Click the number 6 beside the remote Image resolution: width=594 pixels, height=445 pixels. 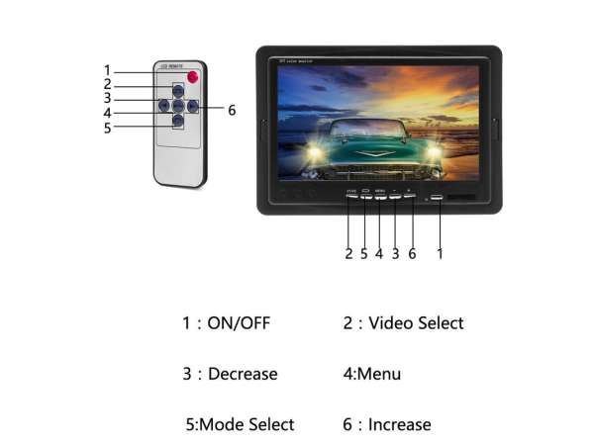(232, 110)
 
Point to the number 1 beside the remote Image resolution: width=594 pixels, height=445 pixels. (107, 69)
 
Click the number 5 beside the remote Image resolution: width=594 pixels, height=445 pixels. (107, 127)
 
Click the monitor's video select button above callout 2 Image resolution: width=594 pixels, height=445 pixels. (351, 197)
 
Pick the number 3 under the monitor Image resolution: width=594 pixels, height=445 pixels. (395, 253)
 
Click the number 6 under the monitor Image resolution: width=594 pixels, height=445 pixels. (412, 253)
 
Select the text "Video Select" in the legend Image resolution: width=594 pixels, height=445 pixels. (416, 323)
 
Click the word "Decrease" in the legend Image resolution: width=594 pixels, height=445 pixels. (243, 374)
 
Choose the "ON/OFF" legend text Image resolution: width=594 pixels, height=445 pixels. (239, 323)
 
